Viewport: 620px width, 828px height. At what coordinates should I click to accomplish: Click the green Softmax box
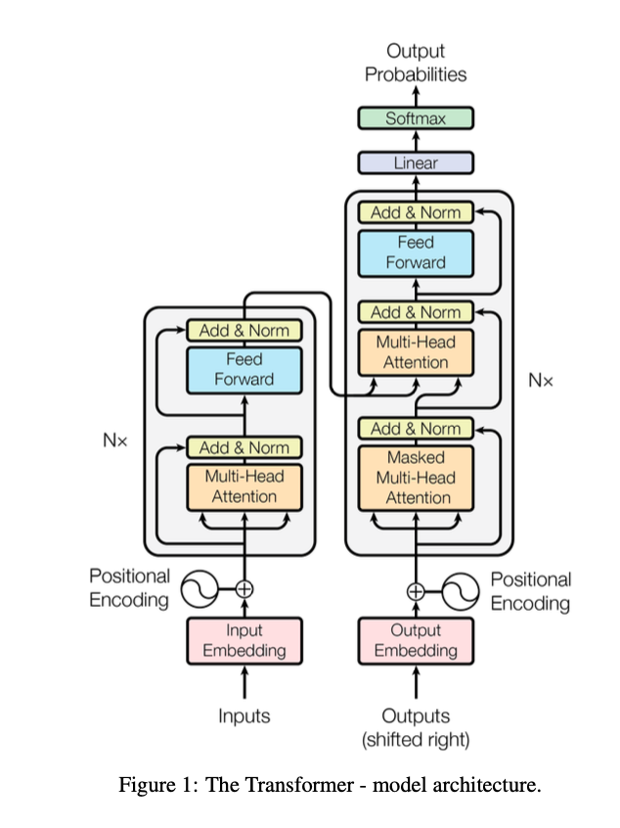point(416,118)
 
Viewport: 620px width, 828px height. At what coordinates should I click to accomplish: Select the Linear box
point(416,163)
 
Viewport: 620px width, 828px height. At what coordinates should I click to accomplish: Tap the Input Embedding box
point(244,640)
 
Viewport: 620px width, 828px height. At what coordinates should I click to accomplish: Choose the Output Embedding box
point(416,640)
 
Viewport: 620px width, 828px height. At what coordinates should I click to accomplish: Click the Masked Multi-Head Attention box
point(416,478)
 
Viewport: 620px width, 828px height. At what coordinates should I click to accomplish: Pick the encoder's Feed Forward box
point(244,369)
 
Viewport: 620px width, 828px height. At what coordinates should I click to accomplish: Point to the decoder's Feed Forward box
point(416,253)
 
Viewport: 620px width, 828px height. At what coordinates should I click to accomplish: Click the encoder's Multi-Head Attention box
point(244,486)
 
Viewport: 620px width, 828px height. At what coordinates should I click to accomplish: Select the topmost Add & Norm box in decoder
point(416,212)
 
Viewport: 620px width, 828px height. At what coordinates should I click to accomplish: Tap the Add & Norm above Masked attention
point(416,429)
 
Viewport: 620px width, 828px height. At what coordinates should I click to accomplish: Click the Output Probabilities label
point(416,62)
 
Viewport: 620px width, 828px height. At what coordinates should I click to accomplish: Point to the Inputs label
point(244,716)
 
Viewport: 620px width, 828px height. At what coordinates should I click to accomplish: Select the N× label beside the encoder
point(115,440)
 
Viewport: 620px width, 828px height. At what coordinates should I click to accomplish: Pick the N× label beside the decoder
point(540,380)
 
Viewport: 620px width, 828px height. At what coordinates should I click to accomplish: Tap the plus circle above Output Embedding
point(416,590)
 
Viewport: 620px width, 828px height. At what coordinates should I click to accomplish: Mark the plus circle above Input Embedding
point(244,588)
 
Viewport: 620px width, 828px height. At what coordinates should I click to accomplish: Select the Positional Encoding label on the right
point(530,591)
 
